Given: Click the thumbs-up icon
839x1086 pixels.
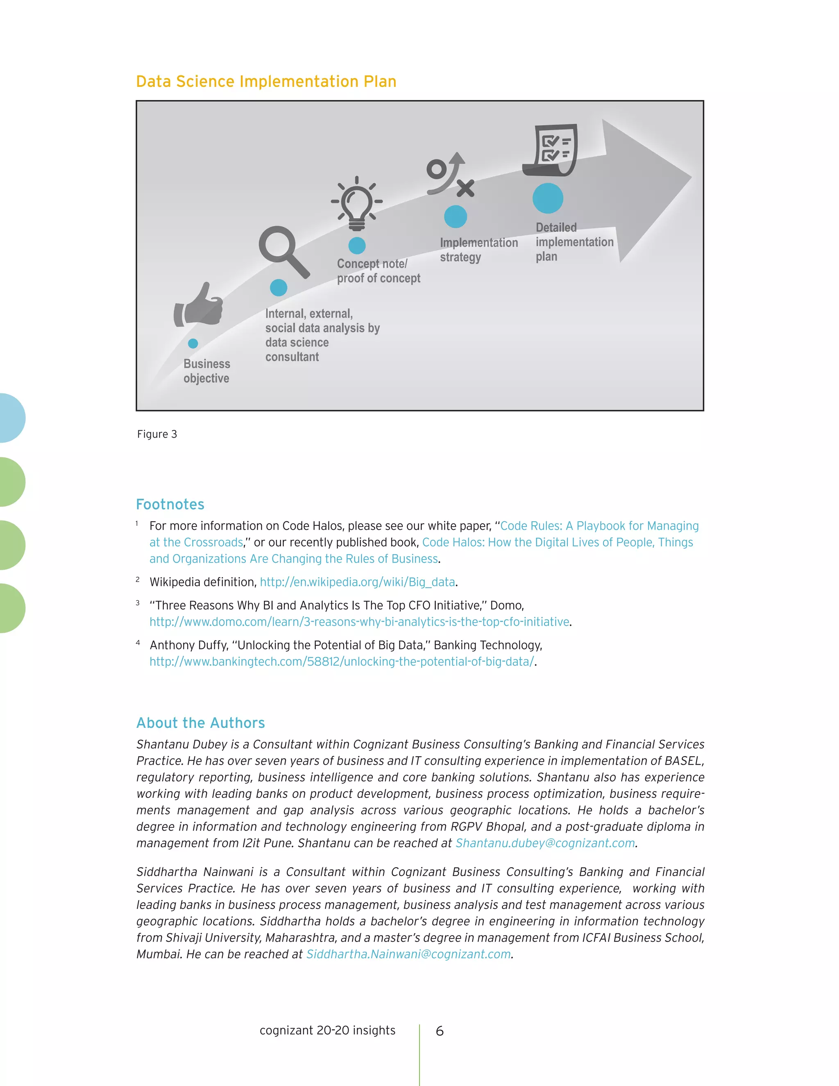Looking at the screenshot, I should [198, 304].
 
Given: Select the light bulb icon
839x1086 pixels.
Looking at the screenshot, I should [357, 203].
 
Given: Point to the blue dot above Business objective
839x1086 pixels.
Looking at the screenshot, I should [193, 343].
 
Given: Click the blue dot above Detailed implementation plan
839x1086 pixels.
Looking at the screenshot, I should [548, 198].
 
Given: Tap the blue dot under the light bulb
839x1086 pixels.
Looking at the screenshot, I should [357, 245].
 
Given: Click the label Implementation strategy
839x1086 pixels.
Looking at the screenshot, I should [478, 250].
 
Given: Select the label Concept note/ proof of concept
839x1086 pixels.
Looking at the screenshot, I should [378, 271].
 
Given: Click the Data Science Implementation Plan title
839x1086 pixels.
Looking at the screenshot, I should [266, 82].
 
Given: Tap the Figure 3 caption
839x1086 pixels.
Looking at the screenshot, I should [157, 434].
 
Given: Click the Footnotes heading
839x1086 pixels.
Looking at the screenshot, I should [170, 504].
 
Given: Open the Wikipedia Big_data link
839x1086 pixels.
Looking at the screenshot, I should [357, 582].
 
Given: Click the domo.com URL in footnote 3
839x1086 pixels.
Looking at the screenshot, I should [359, 622].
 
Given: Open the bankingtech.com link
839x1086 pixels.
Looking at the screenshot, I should [342, 661].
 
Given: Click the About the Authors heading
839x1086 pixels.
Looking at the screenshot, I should [200, 722].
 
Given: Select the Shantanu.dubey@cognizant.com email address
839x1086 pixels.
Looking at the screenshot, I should [545, 843].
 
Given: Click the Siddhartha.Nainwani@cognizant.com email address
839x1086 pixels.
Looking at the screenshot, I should [408, 954].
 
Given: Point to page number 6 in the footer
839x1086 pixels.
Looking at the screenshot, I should [440, 1031].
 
